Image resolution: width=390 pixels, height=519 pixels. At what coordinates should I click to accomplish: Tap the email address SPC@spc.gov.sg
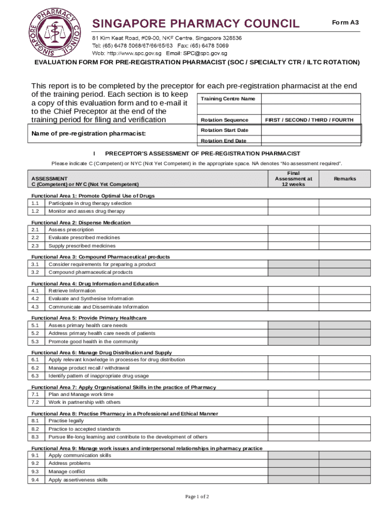point(205,53)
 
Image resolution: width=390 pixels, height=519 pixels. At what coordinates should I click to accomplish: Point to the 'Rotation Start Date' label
point(224,130)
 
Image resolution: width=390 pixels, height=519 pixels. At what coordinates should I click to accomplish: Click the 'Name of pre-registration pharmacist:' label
point(88,133)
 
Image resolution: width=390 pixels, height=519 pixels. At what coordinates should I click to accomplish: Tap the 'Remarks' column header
point(344,179)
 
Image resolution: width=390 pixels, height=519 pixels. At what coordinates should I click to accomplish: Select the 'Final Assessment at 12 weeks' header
point(293,179)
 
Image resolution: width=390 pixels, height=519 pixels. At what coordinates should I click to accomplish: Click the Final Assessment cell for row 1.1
point(293,203)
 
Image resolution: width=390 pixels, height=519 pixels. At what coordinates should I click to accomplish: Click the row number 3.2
point(35,272)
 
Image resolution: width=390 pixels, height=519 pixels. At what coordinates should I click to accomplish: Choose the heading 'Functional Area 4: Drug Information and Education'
point(95,283)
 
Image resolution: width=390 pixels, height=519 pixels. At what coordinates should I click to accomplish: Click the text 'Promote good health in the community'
point(93,342)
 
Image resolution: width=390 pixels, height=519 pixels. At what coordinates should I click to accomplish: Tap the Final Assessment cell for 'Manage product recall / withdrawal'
point(293,368)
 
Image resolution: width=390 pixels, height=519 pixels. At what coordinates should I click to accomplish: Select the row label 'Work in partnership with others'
point(84,402)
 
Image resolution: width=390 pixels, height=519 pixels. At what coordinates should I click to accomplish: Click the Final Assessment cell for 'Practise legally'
point(293,421)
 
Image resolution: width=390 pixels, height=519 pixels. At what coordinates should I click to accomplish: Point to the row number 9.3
point(35,471)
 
